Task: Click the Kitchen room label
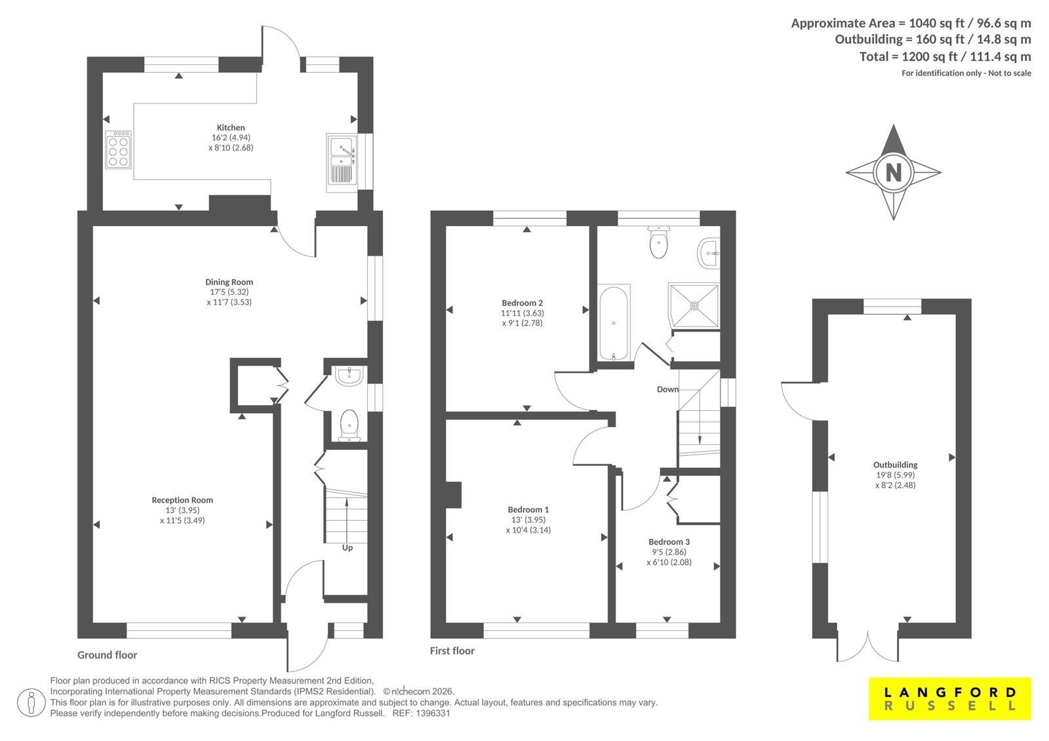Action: [x=231, y=127]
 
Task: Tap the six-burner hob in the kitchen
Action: [x=118, y=149]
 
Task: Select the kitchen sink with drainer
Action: [x=342, y=163]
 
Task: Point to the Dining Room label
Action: [x=229, y=282]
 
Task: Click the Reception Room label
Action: [x=182, y=500]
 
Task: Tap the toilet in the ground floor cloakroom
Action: [x=349, y=425]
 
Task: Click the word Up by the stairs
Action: [x=347, y=548]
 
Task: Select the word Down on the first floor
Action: [x=668, y=389]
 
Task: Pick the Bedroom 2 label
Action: [x=522, y=303]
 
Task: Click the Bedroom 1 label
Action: [x=528, y=509]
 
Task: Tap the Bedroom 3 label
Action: [x=669, y=542]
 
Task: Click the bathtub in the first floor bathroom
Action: [x=614, y=322]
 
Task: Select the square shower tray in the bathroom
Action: [x=694, y=305]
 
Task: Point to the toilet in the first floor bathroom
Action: [x=659, y=242]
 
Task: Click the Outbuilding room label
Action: [x=896, y=465]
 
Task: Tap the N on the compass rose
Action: [x=894, y=173]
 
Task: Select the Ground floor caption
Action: [x=108, y=655]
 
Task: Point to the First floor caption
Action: [x=452, y=651]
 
